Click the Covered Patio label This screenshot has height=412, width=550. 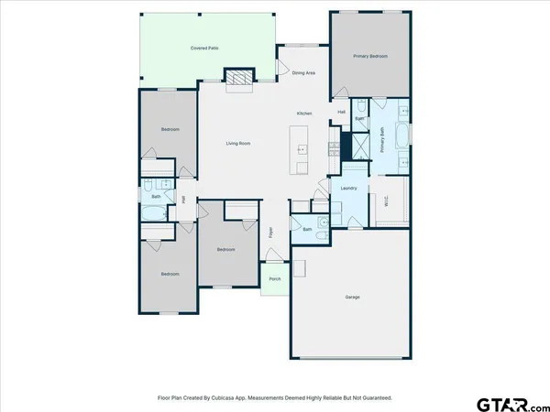(x=204, y=47)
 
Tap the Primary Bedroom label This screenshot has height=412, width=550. (x=370, y=56)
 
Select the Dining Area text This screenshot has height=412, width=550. (x=303, y=72)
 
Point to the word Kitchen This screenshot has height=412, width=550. (x=303, y=114)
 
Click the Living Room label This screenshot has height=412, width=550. (x=238, y=143)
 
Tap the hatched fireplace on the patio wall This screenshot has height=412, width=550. (x=238, y=77)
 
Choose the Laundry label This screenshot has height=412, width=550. (x=347, y=189)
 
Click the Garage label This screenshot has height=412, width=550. (x=352, y=298)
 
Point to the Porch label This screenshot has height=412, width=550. (x=274, y=279)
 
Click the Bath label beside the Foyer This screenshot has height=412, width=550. (x=308, y=229)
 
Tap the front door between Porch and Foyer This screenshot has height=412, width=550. (x=274, y=263)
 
